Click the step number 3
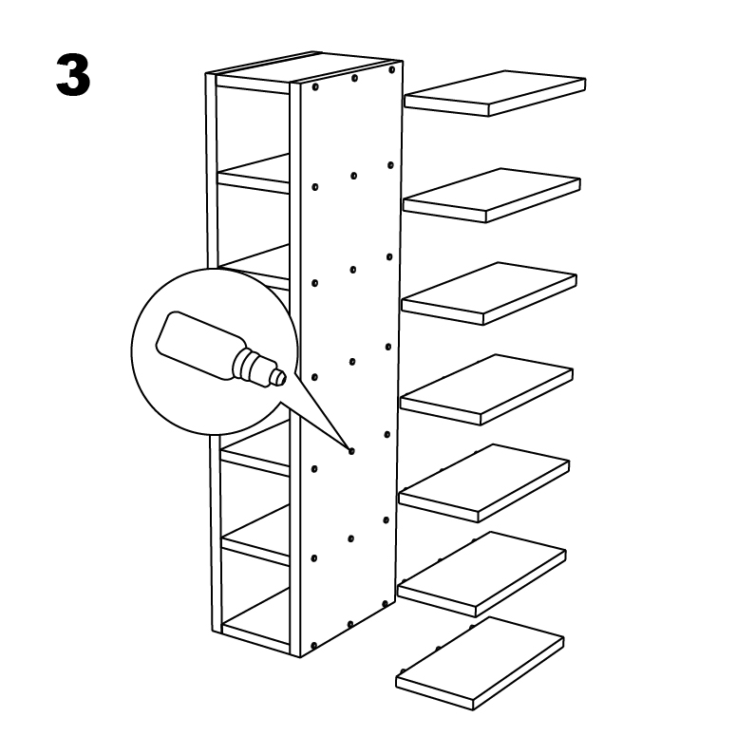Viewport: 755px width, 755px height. (x=73, y=75)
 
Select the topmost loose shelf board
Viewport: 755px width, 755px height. (x=495, y=93)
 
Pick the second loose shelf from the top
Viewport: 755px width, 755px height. (x=492, y=195)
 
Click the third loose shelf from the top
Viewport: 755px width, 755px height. (x=490, y=293)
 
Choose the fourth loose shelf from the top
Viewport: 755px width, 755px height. (x=487, y=389)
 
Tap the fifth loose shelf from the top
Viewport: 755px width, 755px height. (x=484, y=483)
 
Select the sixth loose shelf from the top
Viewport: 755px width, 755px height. (x=481, y=574)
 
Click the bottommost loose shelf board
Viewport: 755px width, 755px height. (x=480, y=664)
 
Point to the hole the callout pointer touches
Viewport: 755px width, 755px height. (x=351, y=451)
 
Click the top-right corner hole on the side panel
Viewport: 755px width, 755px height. (x=391, y=70)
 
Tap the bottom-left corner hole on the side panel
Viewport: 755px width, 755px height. (x=314, y=645)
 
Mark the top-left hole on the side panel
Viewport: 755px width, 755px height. (x=315, y=87)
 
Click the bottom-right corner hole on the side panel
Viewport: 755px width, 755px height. (x=386, y=604)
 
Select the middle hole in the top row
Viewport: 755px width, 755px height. (x=354, y=78)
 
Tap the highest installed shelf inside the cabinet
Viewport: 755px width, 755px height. (x=254, y=175)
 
